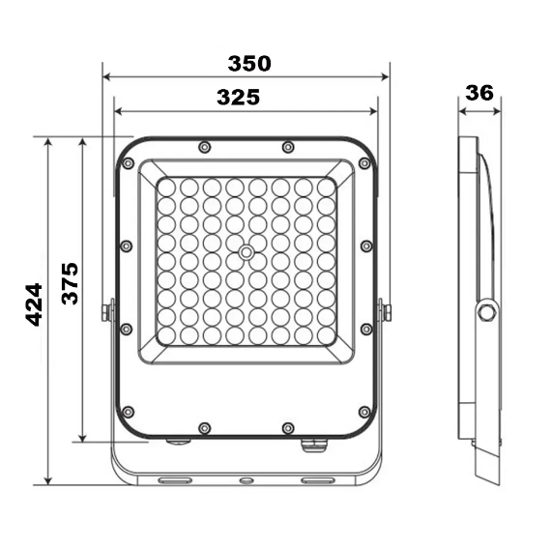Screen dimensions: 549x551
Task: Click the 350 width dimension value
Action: pyautogui.click(x=249, y=64)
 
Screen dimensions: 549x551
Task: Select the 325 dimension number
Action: pyautogui.click(x=238, y=97)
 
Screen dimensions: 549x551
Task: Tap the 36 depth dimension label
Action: pyautogui.click(x=479, y=93)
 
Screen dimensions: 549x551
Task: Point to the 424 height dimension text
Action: pyautogui.click(x=34, y=304)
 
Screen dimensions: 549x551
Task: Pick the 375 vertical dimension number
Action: pyautogui.click(x=70, y=283)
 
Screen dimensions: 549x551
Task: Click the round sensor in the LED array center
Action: pyautogui.click(x=246, y=253)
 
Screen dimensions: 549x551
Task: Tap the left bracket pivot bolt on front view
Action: pyautogui.click(x=107, y=311)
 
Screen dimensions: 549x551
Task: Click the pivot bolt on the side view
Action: pyautogui.click(x=485, y=311)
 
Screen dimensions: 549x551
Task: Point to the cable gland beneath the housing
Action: pyautogui.click(x=313, y=446)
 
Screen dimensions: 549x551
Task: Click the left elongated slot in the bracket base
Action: pyautogui.click(x=175, y=479)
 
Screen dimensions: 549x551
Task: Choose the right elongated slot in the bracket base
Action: pyautogui.click(x=316, y=479)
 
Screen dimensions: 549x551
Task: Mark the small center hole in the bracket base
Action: pyautogui.click(x=246, y=480)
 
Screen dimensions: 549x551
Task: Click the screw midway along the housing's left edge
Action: pyautogui.click(x=127, y=246)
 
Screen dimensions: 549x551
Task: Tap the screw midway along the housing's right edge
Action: pyautogui.click(x=365, y=246)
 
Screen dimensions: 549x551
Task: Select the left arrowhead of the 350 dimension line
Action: pyautogui.click(x=106, y=75)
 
